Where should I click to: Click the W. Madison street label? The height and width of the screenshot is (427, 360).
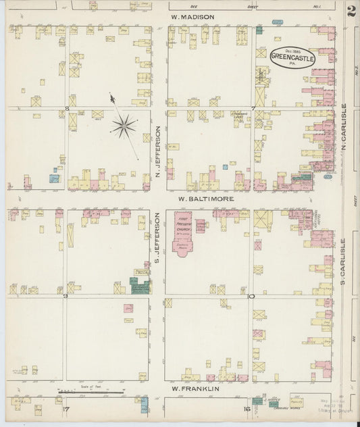pos(192,17)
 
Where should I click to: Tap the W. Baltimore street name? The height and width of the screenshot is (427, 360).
pos(206,199)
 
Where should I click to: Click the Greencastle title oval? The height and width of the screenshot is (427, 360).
pos(292,57)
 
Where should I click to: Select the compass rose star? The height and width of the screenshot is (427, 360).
pos(124,125)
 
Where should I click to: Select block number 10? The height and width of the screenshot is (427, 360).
pos(251,296)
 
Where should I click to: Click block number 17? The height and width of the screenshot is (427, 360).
pos(65,409)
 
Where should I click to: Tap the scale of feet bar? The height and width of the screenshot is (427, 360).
pos(91,392)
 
